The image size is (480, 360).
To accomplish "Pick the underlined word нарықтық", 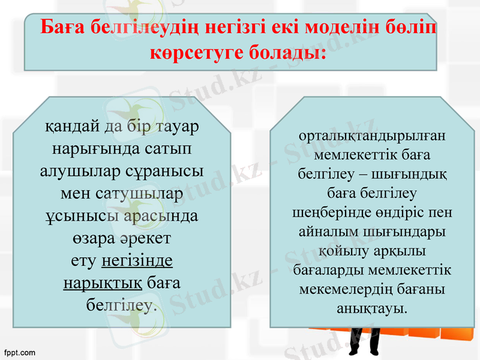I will click(x=102, y=283).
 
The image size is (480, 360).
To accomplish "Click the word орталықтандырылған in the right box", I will click(x=371, y=137).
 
